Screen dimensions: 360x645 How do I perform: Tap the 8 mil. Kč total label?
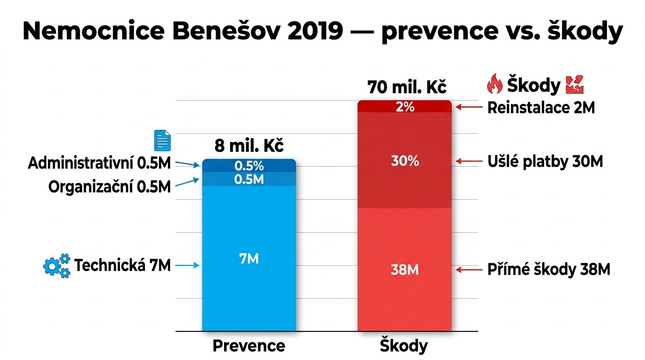pos(249,146)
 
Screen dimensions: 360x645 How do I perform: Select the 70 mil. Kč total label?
pos(407,87)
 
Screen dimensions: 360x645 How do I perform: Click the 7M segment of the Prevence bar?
pos(249,259)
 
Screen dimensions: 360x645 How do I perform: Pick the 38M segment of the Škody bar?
pos(404,270)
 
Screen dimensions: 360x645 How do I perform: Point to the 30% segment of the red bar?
pos(404,161)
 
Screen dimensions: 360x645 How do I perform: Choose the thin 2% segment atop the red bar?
pos(404,107)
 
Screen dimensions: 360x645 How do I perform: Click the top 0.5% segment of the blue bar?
pos(249,165)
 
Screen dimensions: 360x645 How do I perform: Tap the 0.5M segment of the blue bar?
pos(249,179)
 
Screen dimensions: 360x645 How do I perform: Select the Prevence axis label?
pos(249,346)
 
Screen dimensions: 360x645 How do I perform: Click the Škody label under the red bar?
pos(404,346)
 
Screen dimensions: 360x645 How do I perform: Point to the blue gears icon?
pos(57,266)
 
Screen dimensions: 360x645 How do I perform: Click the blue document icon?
pos(163,141)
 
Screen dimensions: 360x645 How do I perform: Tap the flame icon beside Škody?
pos(495,85)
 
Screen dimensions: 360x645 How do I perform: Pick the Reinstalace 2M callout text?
pos(541,108)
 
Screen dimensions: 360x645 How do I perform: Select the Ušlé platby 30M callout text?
pos(545,162)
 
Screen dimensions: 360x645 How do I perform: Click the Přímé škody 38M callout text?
pos(548,270)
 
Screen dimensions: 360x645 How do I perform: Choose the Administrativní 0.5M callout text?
pos(99,163)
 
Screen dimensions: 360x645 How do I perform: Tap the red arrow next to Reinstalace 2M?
pos(469,107)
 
